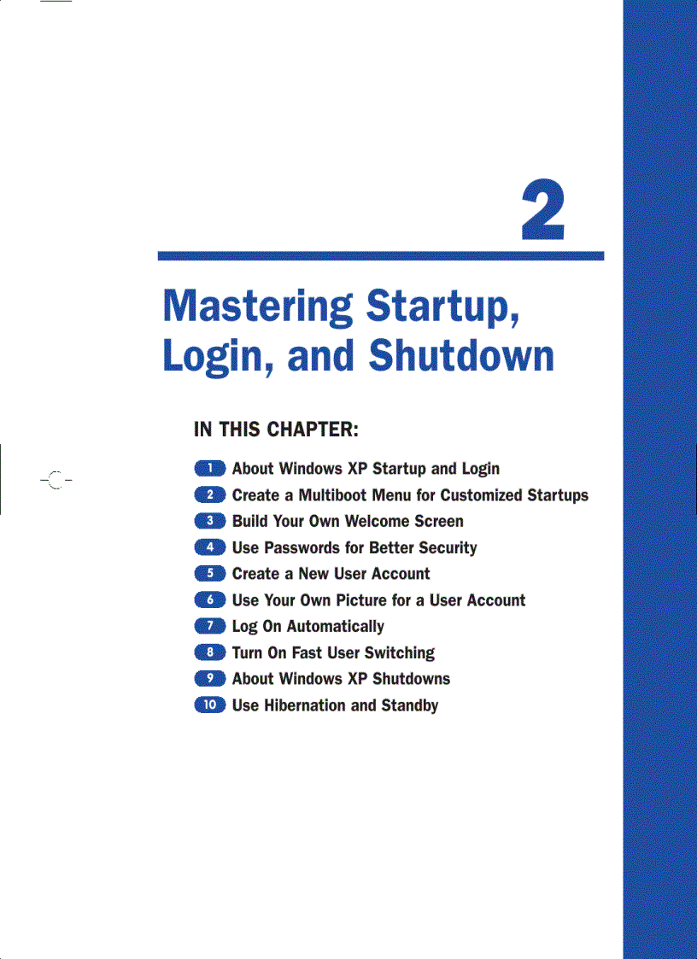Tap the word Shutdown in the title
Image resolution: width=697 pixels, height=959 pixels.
pyautogui.click(x=461, y=356)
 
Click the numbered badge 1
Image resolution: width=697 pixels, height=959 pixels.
pyautogui.click(x=209, y=468)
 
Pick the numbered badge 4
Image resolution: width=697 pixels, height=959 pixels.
pyautogui.click(x=209, y=547)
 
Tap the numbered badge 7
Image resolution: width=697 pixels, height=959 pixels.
pyautogui.click(x=209, y=626)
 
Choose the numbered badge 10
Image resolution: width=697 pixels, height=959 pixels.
pyautogui.click(x=209, y=705)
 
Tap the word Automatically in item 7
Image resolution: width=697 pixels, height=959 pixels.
pyautogui.click(x=335, y=627)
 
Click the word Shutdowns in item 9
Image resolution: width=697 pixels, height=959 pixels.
pyautogui.click(x=411, y=679)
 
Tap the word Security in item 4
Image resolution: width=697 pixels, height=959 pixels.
pyautogui.click(x=448, y=548)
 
